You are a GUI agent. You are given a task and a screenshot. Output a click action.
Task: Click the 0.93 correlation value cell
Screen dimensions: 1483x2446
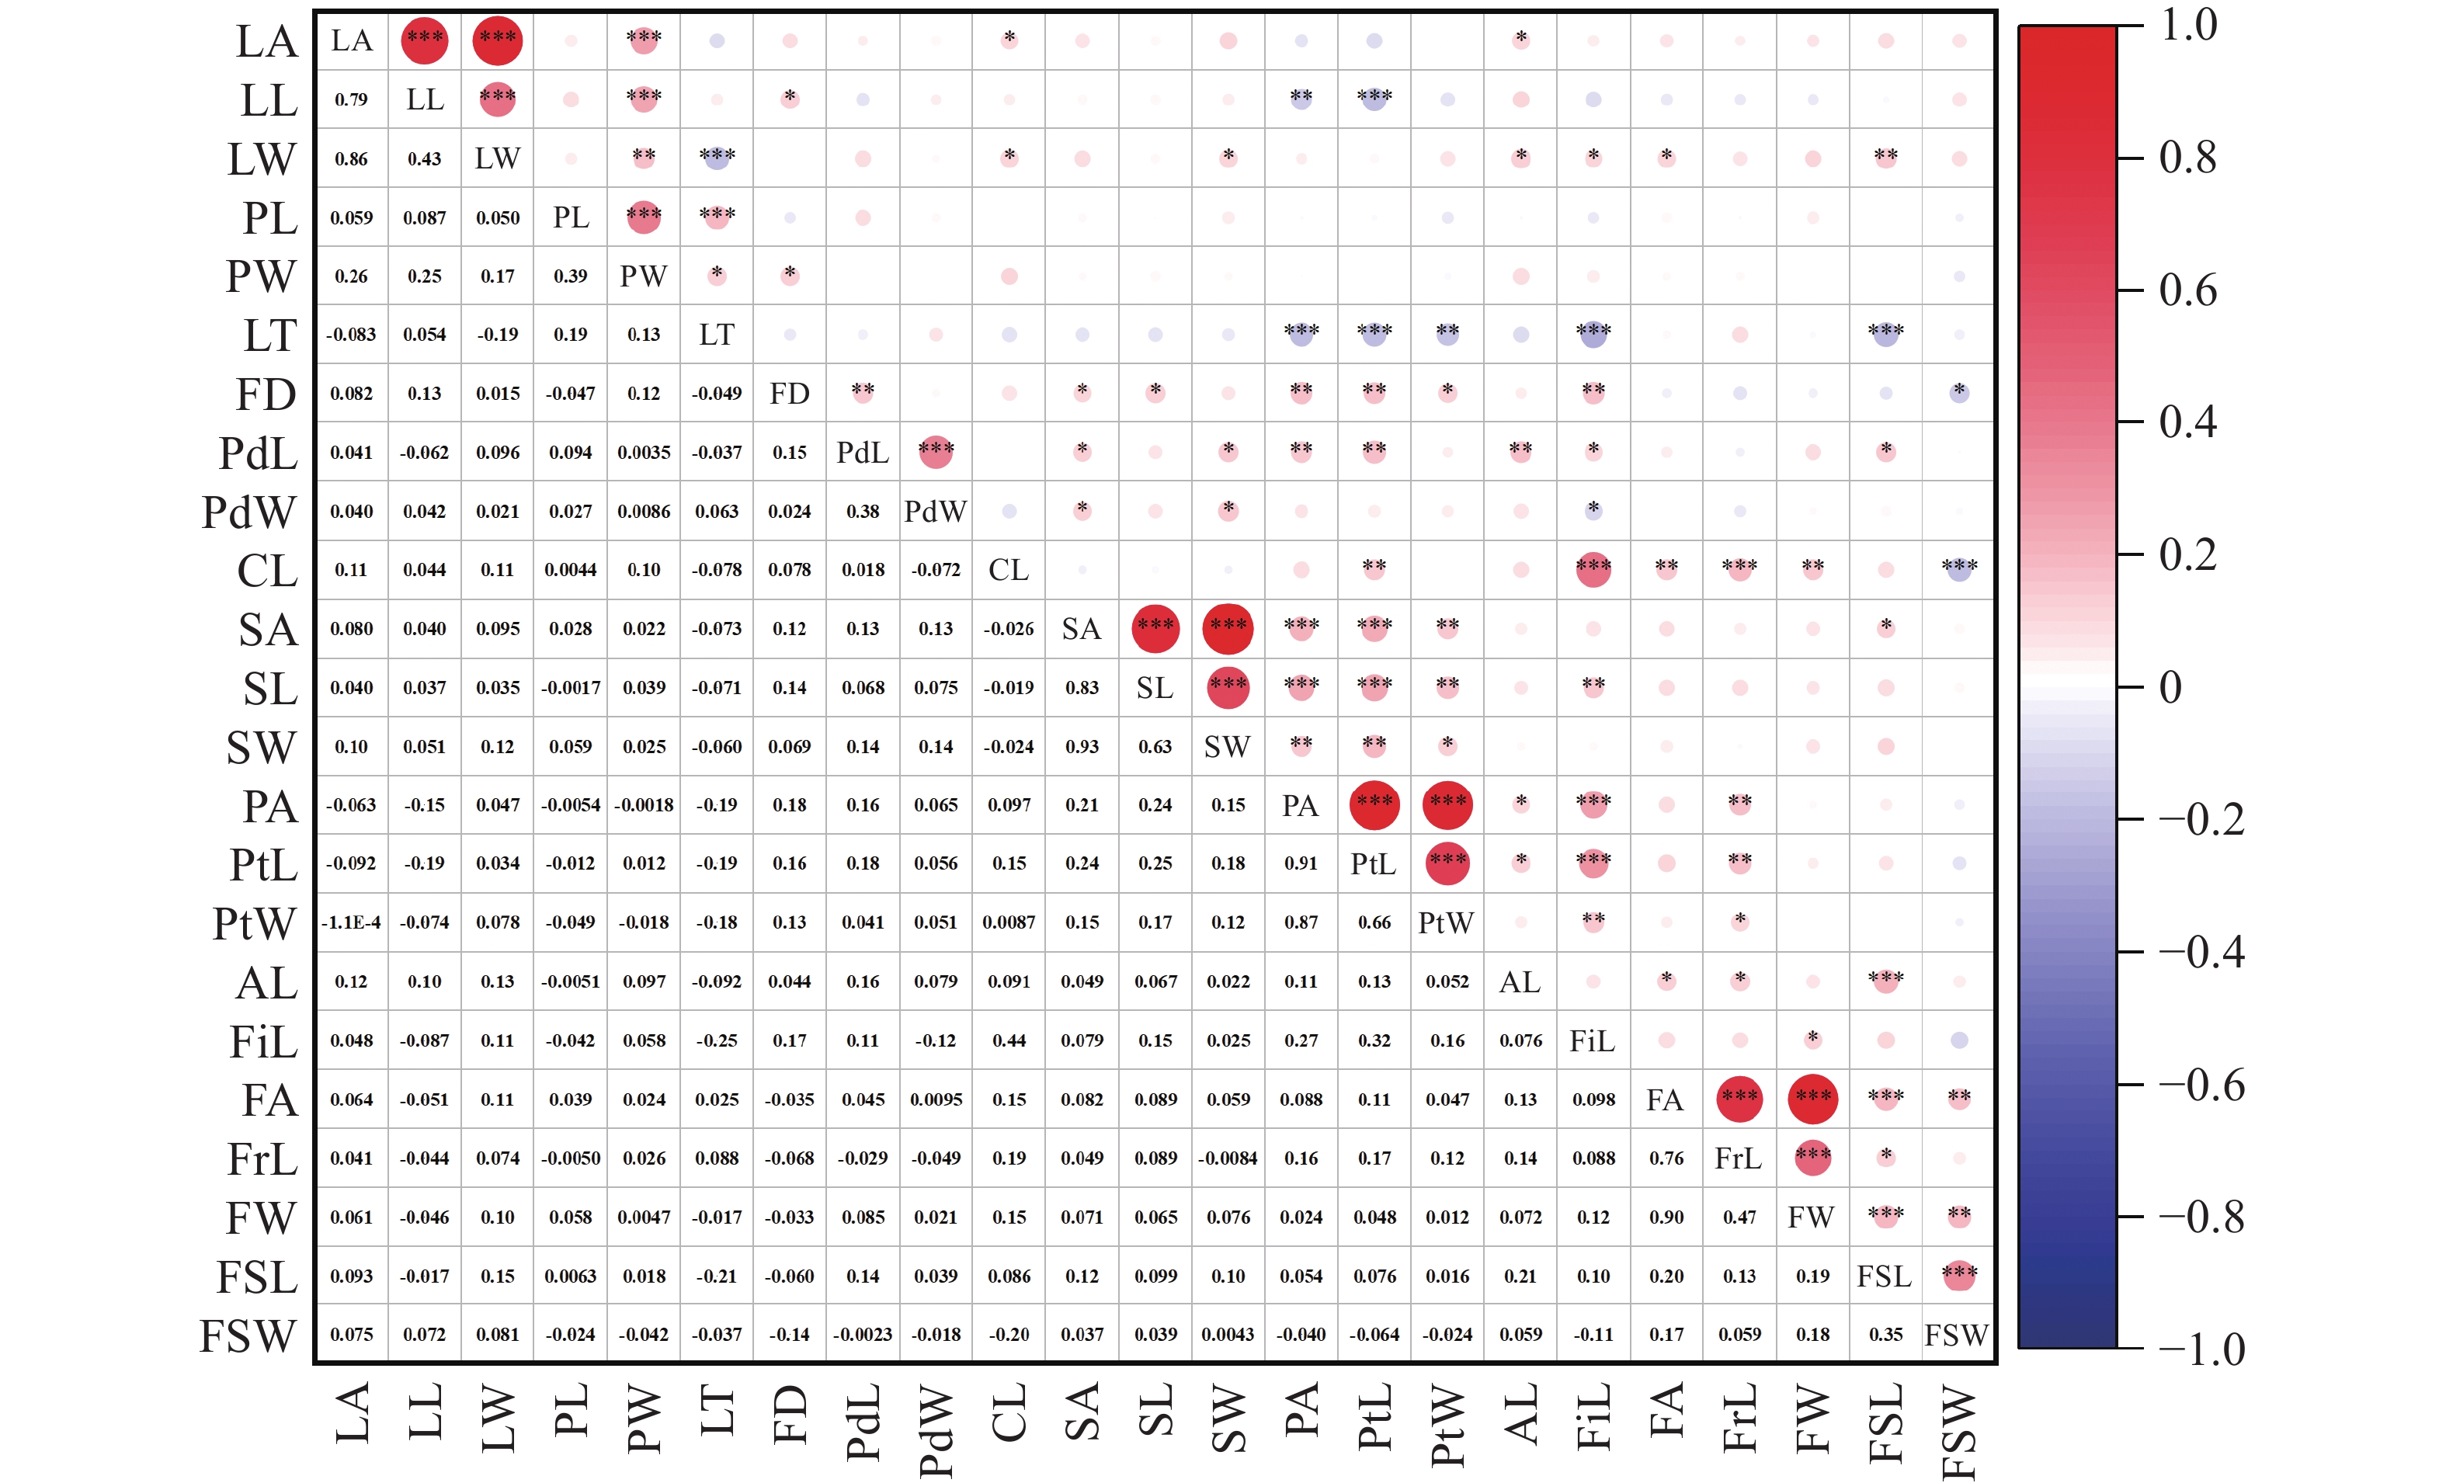click(1081, 746)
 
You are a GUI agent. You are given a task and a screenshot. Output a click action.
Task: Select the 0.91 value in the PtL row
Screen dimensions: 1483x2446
click(1301, 863)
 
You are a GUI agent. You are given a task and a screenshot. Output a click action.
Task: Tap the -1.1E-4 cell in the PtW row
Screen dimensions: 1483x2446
click(352, 922)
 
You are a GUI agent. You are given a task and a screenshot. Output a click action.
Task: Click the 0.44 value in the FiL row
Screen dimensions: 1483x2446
click(1009, 1040)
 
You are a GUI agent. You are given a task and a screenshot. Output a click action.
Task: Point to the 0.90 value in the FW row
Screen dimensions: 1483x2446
click(1666, 1217)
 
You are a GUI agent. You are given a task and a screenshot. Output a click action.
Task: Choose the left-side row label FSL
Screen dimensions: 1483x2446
click(256, 1277)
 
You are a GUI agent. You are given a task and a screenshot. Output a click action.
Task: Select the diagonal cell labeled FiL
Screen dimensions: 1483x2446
click(1593, 1040)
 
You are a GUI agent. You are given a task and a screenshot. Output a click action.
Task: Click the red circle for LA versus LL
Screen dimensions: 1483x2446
click(425, 40)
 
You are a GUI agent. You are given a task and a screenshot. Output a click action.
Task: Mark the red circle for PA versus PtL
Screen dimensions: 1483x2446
click(1374, 805)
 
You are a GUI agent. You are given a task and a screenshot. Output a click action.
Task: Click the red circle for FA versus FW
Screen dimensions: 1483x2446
click(1812, 1099)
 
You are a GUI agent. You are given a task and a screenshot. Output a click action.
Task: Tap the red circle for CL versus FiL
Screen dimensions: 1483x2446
click(1593, 570)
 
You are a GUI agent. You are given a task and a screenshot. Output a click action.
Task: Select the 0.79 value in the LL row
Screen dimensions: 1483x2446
click(352, 99)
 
